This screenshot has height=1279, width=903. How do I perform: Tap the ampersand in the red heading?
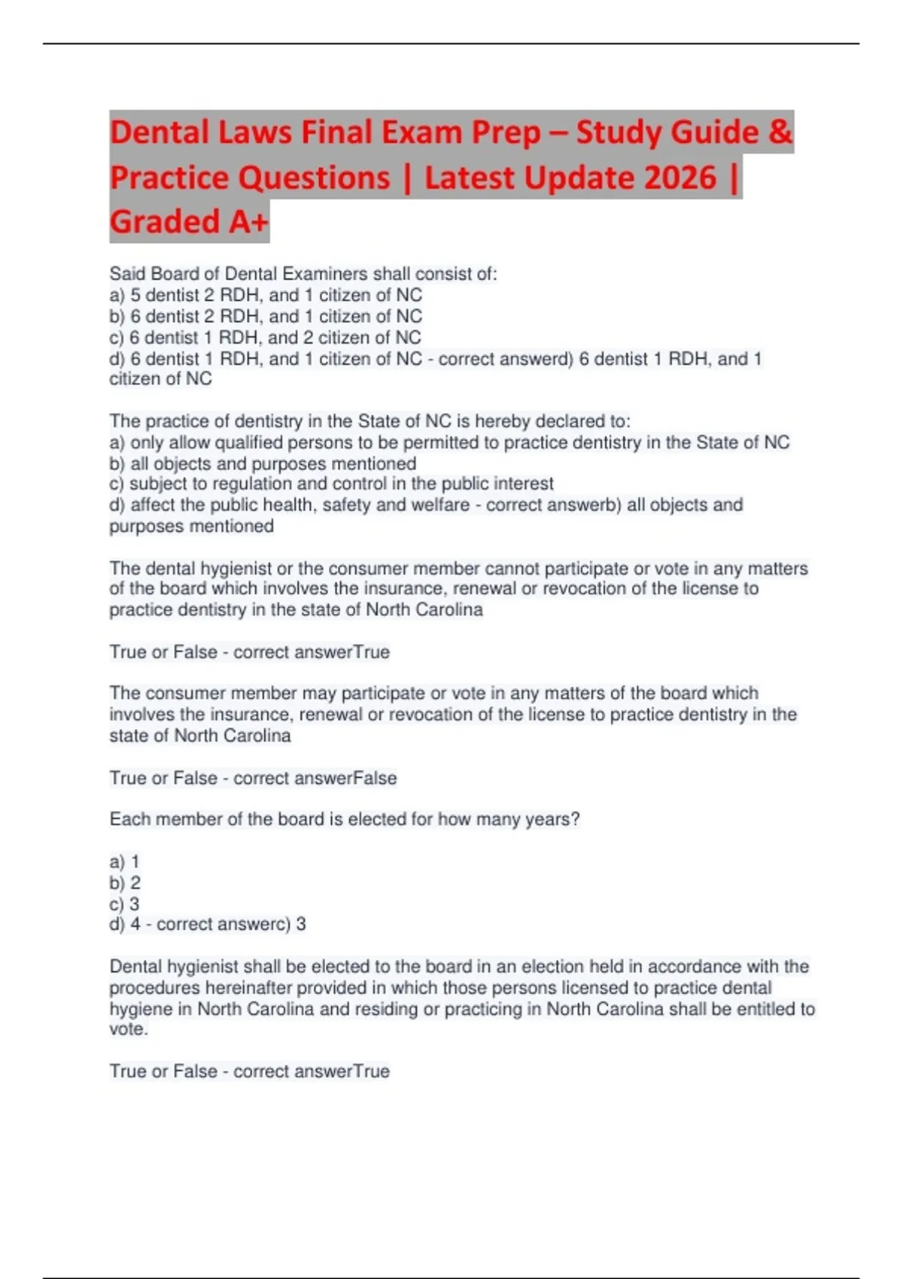point(780,132)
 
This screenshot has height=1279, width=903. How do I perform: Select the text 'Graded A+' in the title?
point(188,222)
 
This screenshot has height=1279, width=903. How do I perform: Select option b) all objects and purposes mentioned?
point(263,463)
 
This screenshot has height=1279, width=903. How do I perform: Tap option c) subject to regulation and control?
point(331,484)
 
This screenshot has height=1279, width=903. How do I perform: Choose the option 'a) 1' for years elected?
point(125,861)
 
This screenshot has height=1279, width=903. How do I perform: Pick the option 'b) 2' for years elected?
point(125,883)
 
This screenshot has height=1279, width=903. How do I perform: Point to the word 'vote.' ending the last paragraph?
point(129,1029)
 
